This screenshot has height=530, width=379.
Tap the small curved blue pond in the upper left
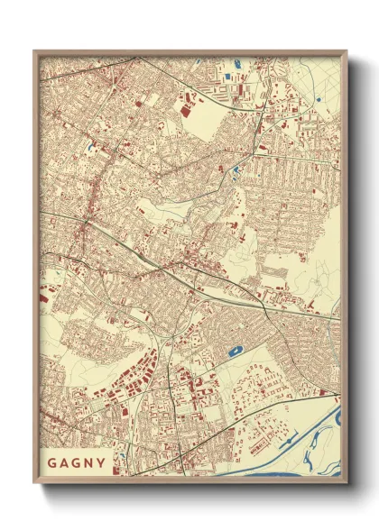click(92, 147)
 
